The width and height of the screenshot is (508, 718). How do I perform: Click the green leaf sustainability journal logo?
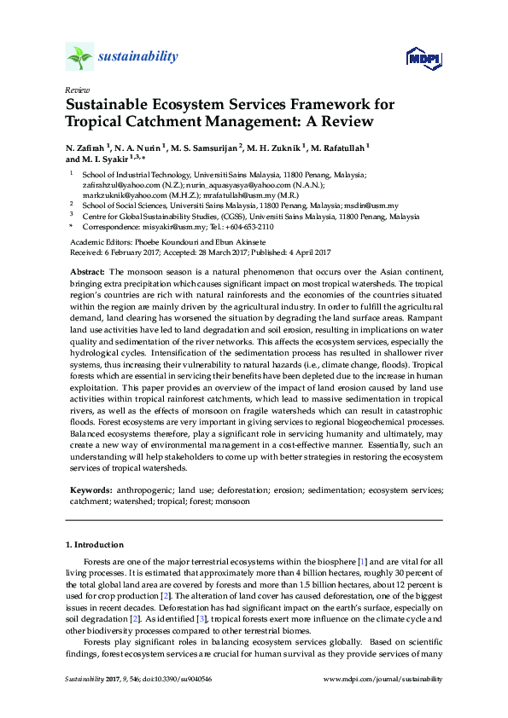pos(79,57)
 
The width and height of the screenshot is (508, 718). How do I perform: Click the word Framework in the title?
pos(330,105)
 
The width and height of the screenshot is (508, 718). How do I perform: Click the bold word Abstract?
pos(86,269)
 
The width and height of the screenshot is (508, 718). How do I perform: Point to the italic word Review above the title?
pos(77,89)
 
